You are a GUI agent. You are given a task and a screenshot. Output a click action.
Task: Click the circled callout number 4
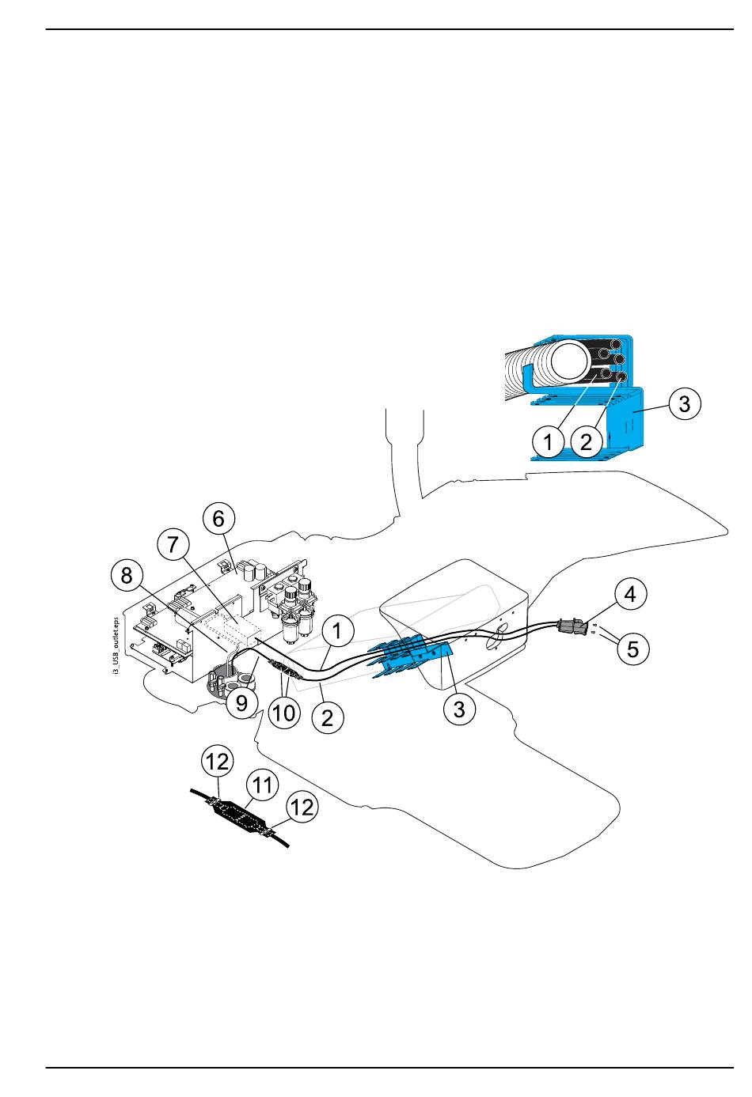point(630,594)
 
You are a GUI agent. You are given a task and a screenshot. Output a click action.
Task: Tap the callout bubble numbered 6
point(218,519)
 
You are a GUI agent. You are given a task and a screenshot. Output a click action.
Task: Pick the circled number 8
point(127,575)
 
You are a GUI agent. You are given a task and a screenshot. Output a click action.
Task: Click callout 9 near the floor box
point(241,701)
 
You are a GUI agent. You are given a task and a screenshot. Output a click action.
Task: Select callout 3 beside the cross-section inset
point(684,404)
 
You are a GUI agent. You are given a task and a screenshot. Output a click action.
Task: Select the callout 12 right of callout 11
point(302,807)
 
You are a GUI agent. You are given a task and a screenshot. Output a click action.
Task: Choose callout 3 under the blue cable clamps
point(459,709)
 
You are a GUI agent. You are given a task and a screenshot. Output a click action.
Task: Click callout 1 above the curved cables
point(338,632)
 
